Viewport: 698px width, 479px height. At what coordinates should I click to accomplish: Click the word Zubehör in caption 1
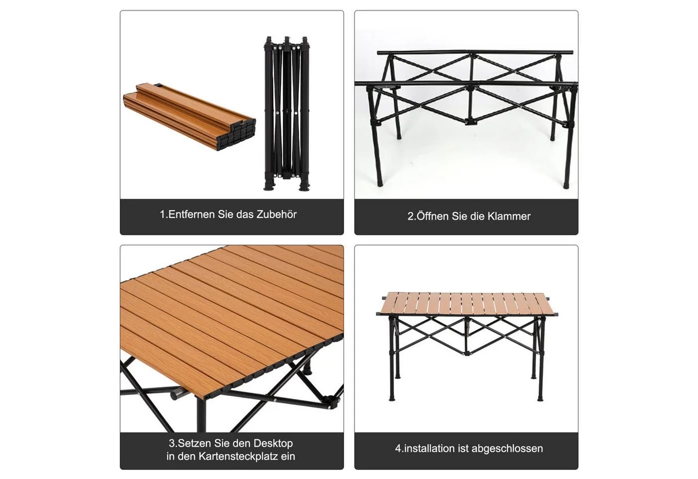pos(276,215)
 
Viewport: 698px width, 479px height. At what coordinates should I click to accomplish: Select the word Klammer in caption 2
pos(509,216)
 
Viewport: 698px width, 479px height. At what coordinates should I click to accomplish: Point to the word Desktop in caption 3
pos(273,443)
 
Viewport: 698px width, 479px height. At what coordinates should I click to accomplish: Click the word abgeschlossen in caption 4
pos(508,449)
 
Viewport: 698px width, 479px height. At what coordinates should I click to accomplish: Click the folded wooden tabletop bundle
pos(189,117)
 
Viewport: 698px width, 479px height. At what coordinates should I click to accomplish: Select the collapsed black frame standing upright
pos(286,114)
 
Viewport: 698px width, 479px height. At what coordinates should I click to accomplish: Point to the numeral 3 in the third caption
pos(172,443)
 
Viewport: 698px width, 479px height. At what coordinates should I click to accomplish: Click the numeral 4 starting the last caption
pos(398,449)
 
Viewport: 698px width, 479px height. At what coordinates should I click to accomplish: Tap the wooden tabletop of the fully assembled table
pos(467,304)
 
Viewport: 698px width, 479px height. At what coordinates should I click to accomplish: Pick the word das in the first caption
pos(245,215)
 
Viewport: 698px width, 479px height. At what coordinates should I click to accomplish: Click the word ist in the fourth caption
pos(463,449)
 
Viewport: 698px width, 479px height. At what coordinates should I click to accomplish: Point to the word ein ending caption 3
pos(288,456)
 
